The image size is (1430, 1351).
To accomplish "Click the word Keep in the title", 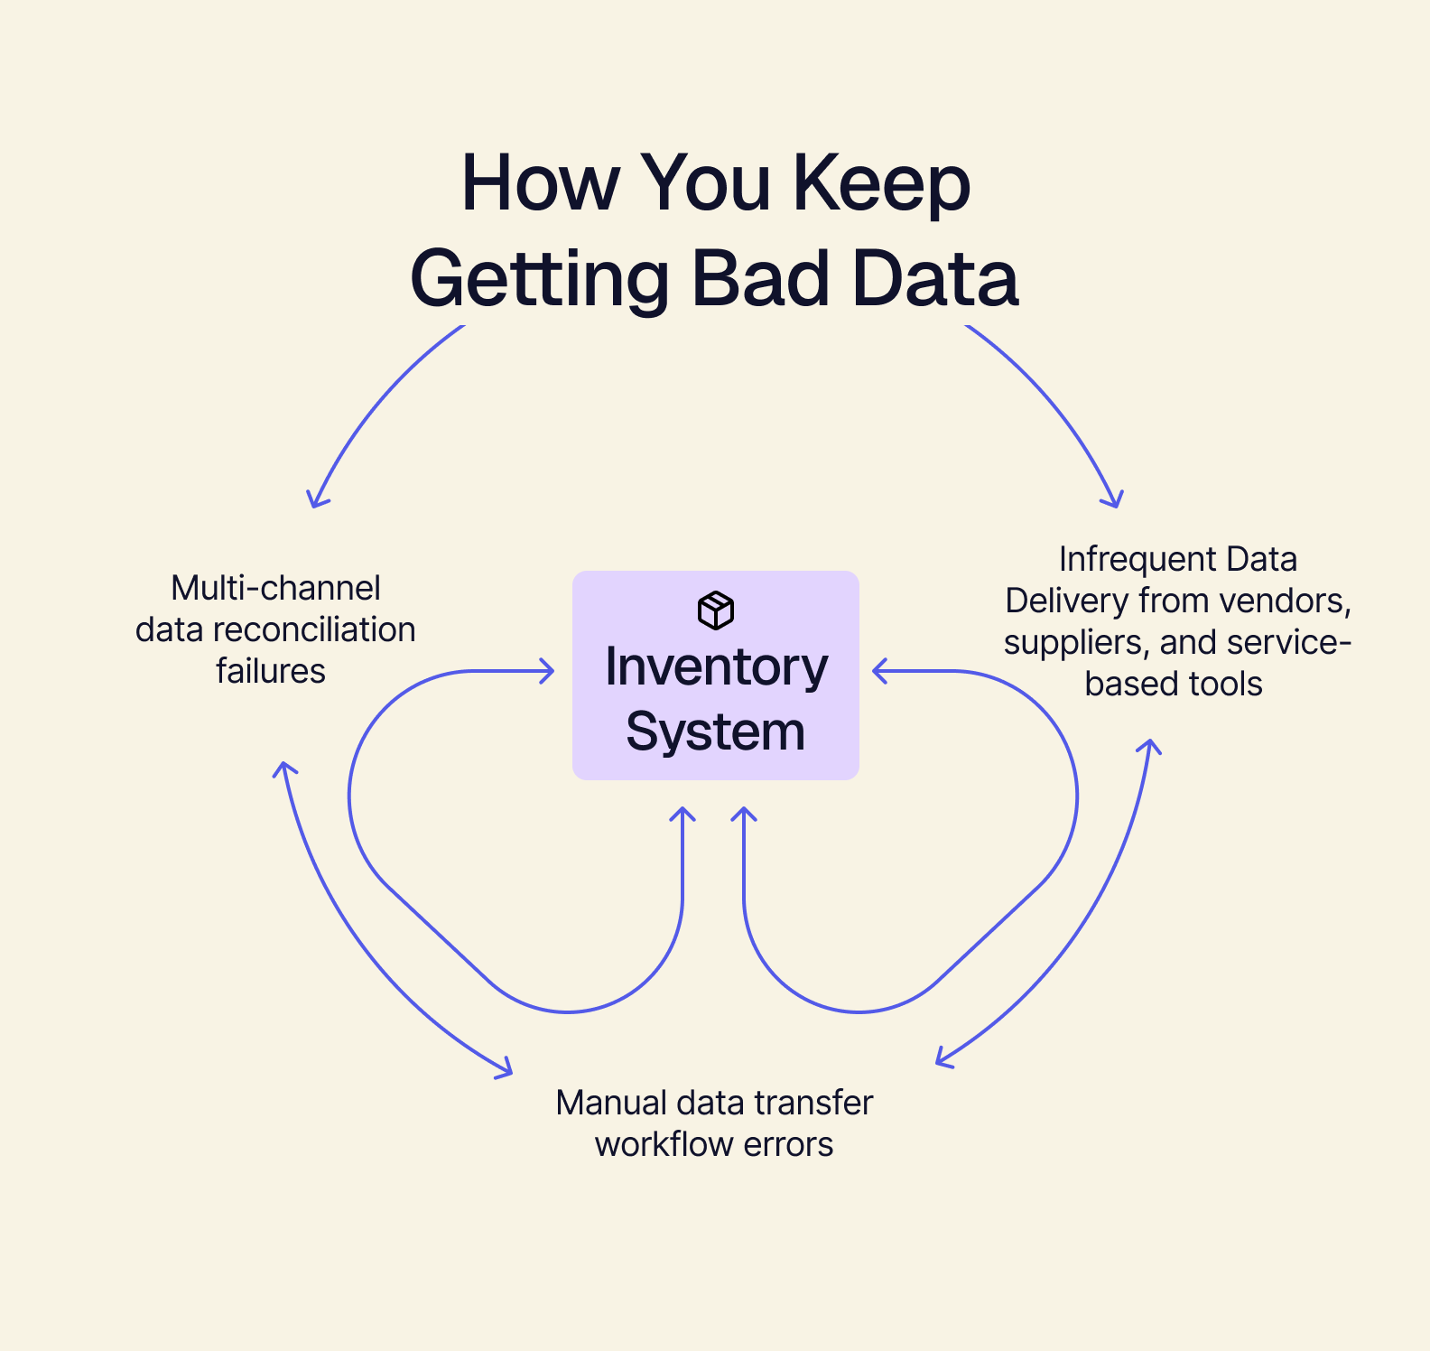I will click(x=881, y=184).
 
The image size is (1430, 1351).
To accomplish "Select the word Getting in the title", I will click(x=539, y=280).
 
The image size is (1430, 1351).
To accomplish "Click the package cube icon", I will click(x=716, y=610).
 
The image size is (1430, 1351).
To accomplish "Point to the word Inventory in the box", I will click(x=716, y=668).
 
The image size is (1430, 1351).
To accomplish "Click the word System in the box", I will click(x=715, y=731).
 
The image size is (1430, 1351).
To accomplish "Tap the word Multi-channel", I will click(x=275, y=588).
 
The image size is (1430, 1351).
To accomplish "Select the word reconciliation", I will click(x=314, y=629).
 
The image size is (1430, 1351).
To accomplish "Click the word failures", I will click(x=270, y=671).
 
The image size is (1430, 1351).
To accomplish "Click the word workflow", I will click(x=664, y=1144).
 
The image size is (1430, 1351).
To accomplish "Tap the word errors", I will click(x=794, y=1144).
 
